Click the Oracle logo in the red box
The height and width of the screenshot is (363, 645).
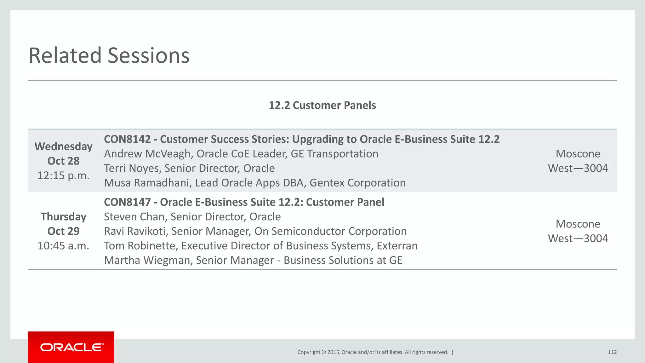[x=72, y=347]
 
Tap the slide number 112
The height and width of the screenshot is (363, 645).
[x=612, y=352]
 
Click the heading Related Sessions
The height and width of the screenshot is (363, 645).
[x=109, y=55]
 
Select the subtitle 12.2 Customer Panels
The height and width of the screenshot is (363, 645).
[x=322, y=105]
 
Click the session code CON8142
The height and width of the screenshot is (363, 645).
[x=127, y=139]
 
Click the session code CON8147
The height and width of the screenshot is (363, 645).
[x=127, y=202]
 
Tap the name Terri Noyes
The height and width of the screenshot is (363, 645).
[x=132, y=168]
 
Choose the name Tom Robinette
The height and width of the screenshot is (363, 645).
[x=140, y=246]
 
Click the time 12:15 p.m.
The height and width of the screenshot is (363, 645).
[x=63, y=176]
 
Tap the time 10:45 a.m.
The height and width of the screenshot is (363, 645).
[x=63, y=246]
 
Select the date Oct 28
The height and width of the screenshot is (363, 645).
[x=63, y=161]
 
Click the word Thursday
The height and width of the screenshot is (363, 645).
[x=63, y=217]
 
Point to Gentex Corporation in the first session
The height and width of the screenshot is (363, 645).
[x=357, y=183]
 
